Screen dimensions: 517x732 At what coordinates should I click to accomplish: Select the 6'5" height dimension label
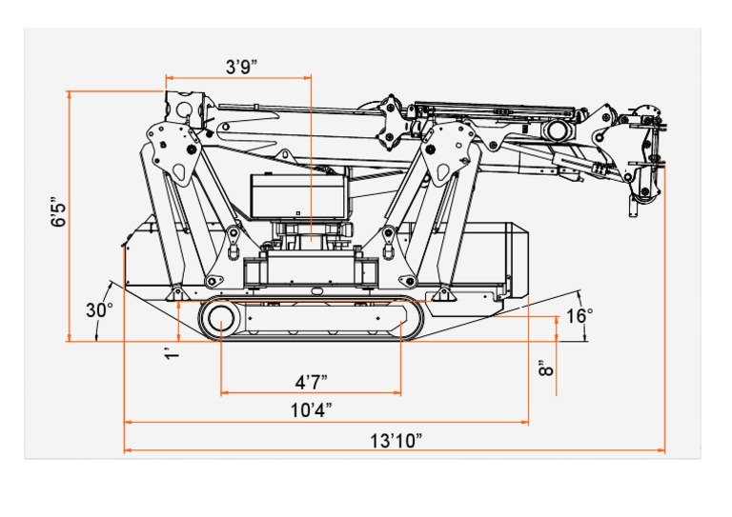click(x=60, y=212)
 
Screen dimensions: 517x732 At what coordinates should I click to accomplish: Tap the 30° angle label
click(x=99, y=310)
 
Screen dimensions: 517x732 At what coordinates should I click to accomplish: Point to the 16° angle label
click(x=579, y=315)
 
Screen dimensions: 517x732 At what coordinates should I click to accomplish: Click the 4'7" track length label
click(x=311, y=382)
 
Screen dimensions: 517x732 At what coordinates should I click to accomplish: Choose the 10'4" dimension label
click(x=311, y=410)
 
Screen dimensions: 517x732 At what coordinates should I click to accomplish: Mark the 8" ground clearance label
click(x=545, y=369)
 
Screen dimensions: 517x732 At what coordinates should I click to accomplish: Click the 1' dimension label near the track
click(x=172, y=353)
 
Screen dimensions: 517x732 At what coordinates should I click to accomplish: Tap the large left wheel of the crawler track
click(x=220, y=321)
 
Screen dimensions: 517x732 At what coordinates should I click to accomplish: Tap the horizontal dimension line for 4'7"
click(x=311, y=392)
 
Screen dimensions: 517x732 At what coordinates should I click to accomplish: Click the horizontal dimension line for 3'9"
click(x=238, y=77)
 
